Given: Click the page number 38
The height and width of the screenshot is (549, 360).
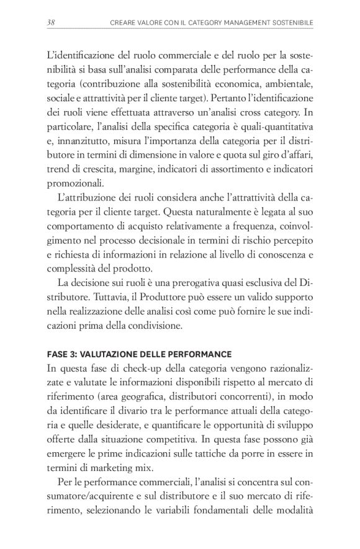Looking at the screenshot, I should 51,23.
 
